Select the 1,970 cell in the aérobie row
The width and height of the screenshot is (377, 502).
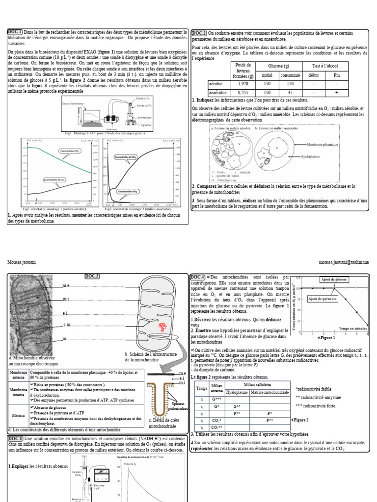coord(243,84)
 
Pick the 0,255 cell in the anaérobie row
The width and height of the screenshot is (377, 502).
coord(243,92)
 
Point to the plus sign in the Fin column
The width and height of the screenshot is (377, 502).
coord(336,92)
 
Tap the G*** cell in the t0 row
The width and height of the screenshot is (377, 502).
coord(216,400)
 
